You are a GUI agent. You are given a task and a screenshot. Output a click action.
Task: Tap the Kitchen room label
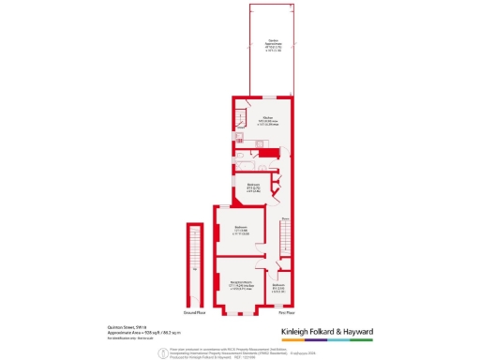click(x=254, y=119)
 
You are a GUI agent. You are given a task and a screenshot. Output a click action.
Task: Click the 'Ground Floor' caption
click(x=194, y=311)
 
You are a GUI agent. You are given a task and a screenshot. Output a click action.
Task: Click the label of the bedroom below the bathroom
click(x=253, y=187)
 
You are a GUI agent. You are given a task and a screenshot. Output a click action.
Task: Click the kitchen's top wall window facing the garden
click(x=268, y=97)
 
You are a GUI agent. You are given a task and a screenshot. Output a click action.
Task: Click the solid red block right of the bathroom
click(x=270, y=154)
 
